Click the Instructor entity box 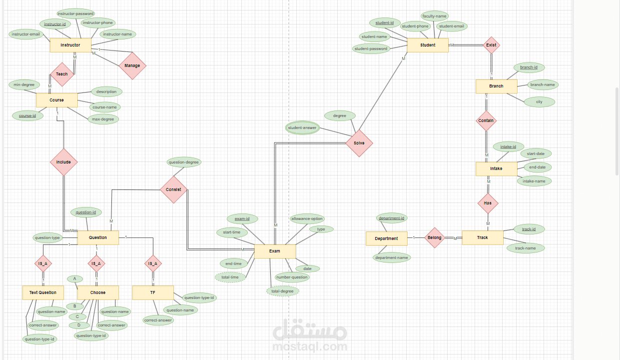(70, 45)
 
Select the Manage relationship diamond (132, 65)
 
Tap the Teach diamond (62, 74)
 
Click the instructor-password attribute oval (75, 13)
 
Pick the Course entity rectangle (56, 100)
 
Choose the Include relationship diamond (63, 162)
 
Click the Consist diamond (174, 189)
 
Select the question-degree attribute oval (183, 162)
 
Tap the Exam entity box (275, 251)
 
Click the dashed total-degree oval (283, 291)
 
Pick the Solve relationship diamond (359, 143)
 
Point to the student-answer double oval (302, 127)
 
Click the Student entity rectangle (428, 45)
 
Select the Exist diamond (491, 45)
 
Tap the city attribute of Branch (539, 101)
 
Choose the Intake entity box (496, 168)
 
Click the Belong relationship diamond (435, 237)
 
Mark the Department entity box (386, 238)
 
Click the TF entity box (153, 292)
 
